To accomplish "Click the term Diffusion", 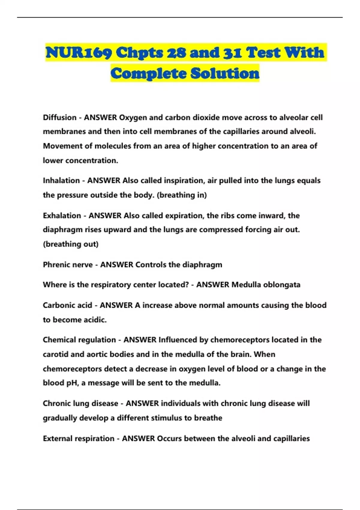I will tap(60, 117).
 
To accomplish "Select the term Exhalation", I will tap(62, 216).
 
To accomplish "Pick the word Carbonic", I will tap(58, 305).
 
